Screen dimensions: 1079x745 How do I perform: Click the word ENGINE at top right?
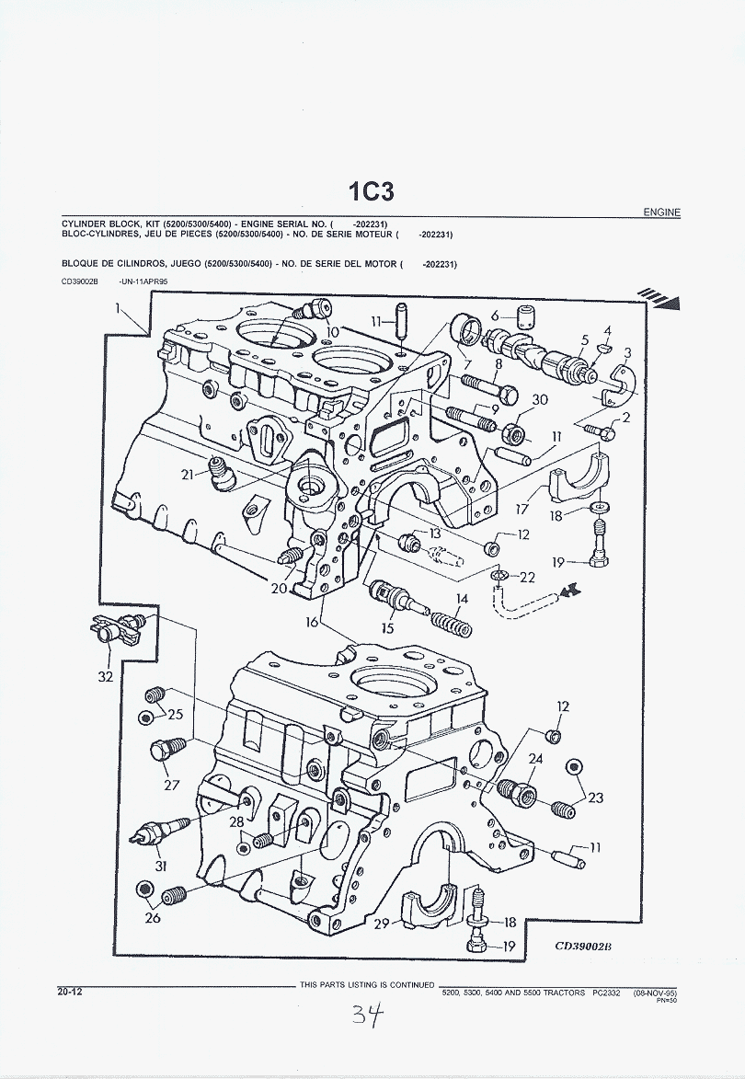coord(661,212)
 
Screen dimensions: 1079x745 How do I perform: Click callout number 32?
coord(106,677)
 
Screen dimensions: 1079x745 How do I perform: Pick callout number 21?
coord(189,475)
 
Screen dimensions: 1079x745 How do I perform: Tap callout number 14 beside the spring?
coord(460,599)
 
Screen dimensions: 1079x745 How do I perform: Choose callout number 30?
coord(540,399)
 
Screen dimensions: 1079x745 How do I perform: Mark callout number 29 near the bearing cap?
coord(383,924)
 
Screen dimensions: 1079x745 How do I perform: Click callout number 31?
coord(160,866)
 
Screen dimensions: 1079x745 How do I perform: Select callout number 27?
coord(172,785)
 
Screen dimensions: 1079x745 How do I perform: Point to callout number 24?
coord(535,759)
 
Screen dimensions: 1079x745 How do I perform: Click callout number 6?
coord(495,316)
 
